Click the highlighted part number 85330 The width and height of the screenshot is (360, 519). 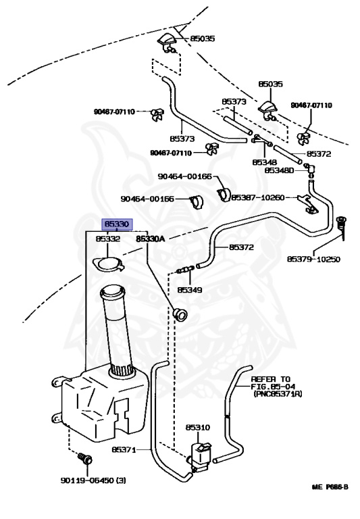click(x=117, y=224)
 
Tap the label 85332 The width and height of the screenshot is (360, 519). click(x=108, y=239)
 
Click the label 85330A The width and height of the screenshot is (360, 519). click(x=150, y=239)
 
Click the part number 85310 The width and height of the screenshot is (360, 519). click(x=197, y=427)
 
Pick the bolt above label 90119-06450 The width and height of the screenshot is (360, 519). click(x=85, y=458)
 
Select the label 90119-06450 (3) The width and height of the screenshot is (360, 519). click(x=93, y=480)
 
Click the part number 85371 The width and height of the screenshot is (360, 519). click(x=124, y=449)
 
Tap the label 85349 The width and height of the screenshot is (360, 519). click(x=190, y=290)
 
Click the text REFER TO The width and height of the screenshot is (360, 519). click(x=270, y=379)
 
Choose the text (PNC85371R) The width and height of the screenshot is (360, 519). click(x=278, y=394)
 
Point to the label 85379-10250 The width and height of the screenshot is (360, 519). click(x=313, y=259)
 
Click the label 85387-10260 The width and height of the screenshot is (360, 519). click(x=258, y=197)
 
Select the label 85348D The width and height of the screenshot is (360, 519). click(x=279, y=170)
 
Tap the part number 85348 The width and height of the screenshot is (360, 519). click(x=264, y=162)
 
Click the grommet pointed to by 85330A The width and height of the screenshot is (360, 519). click(x=180, y=314)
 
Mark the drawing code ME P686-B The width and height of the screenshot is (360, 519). click(x=330, y=487)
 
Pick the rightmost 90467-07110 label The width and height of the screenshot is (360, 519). click(x=311, y=105)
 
